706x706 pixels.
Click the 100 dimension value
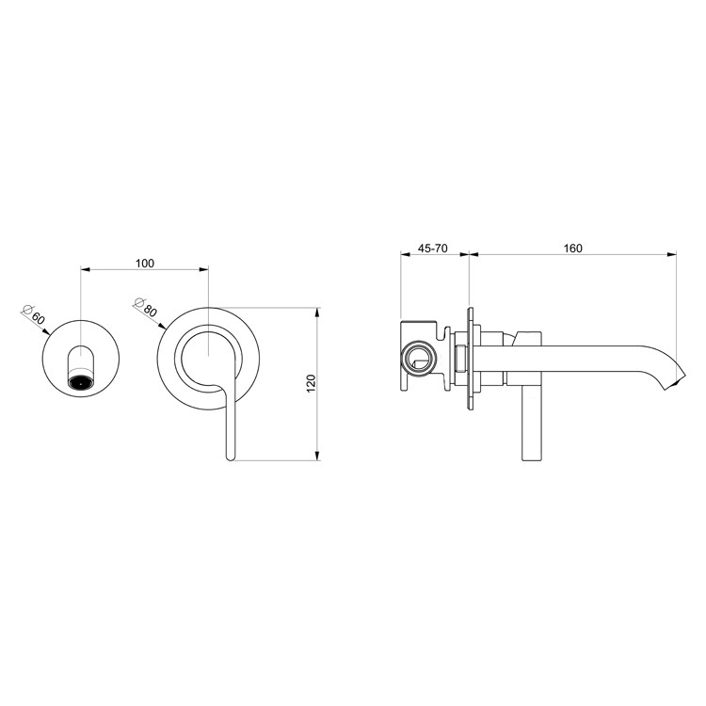(x=145, y=264)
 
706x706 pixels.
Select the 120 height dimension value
(x=312, y=384)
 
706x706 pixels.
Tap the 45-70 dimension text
(x=433, y=249)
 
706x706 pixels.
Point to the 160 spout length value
(x=572, y=249)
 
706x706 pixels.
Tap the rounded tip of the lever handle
(x=230, y=457)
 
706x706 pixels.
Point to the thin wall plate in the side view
(x=470, y=359)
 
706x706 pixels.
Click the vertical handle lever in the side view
(x=531, y=424)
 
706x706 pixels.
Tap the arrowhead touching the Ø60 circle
(x=46, y=332)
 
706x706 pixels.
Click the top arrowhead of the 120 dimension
(x=317, y=313)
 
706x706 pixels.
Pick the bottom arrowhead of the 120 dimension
(x=317, y=456)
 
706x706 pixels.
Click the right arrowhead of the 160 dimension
(x=671, y=254)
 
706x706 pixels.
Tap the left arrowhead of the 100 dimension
(x=86, y=270)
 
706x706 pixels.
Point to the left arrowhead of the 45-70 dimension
(x=406, y=254)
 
